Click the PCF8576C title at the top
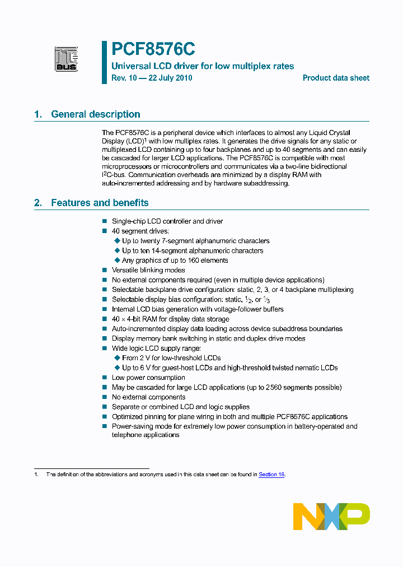(x=153, y=50)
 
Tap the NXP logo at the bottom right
(x=331, y=516)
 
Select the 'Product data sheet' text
(x=336, y=78)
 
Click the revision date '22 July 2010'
(x=170, y=78)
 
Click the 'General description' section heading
(x=96, y=114)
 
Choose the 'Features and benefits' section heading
(x=100, y=203)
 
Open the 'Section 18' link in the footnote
(x=271, y=474)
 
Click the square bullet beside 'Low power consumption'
(x=104, y=378)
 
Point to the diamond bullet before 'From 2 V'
(x=118, y=358)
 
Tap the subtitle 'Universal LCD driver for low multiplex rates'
(x=203, y=66)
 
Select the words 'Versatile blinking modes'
(x=148, y=270)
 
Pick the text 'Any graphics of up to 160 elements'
(x=175, y=261)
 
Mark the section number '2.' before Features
(x=38, y=203)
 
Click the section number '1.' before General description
(x=38, y=114)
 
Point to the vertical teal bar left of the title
(x=104, y=62)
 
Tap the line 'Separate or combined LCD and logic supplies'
(x=181, y=407)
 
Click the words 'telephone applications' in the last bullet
(x=146, y=435)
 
